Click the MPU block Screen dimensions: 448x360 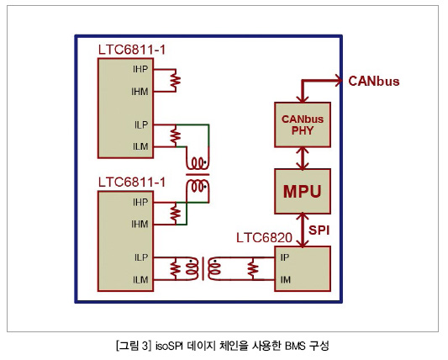coord(303,191)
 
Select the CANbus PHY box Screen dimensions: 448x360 coord(303,124)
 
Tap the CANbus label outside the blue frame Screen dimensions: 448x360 coord(374,82)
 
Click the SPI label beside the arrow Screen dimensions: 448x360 coord(319,230)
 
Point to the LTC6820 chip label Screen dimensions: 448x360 coord(264,238)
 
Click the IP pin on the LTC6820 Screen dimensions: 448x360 coord(285,257)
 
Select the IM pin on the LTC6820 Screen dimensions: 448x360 coord(286,279)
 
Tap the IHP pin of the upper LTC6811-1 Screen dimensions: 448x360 coord(140,69)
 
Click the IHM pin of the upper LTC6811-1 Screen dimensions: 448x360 coord(140,92)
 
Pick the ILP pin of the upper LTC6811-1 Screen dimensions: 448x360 coord(141,124)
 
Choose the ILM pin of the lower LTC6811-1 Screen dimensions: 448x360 coord(140,279)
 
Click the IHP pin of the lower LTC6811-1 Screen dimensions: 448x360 coord(140,203)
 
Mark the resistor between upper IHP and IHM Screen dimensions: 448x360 coord(176,81)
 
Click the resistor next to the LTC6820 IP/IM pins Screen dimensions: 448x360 coord(252,269)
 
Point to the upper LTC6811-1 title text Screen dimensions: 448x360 coord(132,50)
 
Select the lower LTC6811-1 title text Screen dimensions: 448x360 coord(132,183)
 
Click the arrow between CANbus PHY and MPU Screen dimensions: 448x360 coord(303,158)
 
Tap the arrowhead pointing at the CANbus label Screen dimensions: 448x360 coord(339,81)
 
